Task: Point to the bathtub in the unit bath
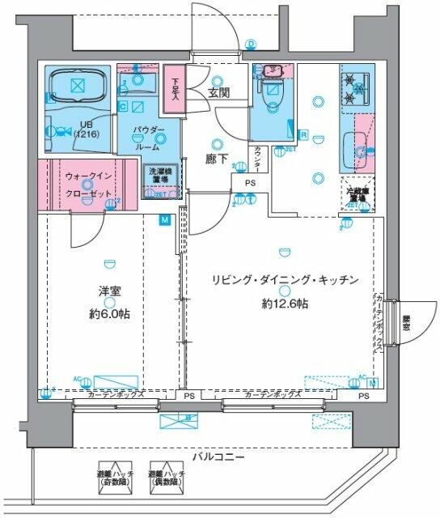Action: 78,86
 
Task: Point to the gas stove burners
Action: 354,87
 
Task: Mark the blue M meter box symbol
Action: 165,219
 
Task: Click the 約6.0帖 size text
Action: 108,314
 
